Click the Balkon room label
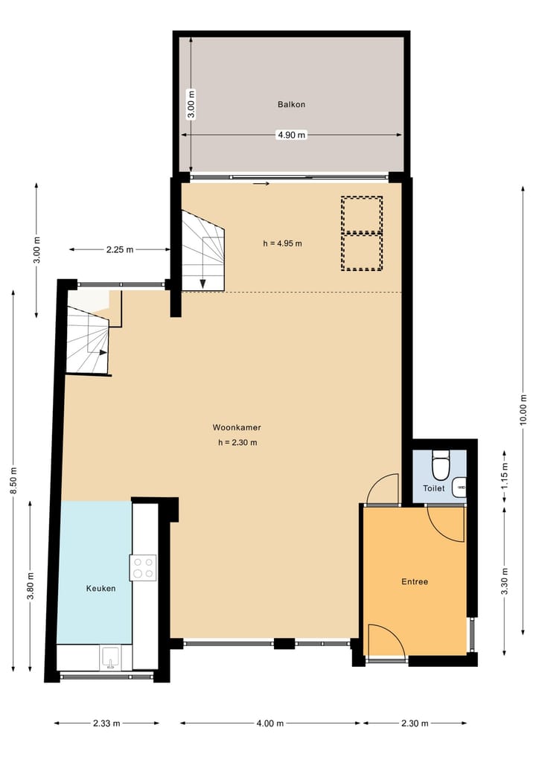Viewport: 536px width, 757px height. tap(291, 105)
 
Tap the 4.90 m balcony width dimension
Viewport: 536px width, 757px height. tap(291, 135)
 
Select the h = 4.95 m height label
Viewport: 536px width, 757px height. tap(282, 243)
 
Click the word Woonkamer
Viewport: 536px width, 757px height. tap(236, 428)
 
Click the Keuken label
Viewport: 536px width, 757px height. tap(100, 588)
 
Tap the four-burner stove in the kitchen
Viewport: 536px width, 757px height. tap(144, 568)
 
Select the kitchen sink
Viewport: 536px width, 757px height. tap(111, 659)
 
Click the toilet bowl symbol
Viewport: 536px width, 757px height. tap(441, 466)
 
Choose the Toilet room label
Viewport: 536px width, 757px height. tap(433, 489)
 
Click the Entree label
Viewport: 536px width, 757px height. tap(414, 582)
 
